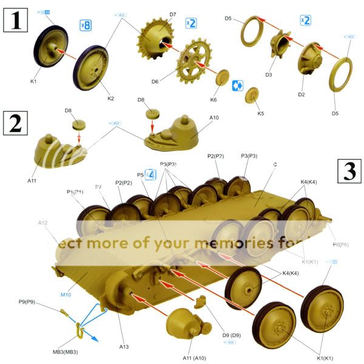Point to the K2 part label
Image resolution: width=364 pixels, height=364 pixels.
[110, 98]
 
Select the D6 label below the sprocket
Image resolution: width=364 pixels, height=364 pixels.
[155, 81]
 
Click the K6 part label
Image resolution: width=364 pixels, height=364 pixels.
[213, 99]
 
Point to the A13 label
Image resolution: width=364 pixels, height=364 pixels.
[124, 346]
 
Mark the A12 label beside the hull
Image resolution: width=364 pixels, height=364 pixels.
[42, 223]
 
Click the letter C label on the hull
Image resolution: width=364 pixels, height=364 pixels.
[275, 164]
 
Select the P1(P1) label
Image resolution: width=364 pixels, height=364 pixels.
[75, 192]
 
